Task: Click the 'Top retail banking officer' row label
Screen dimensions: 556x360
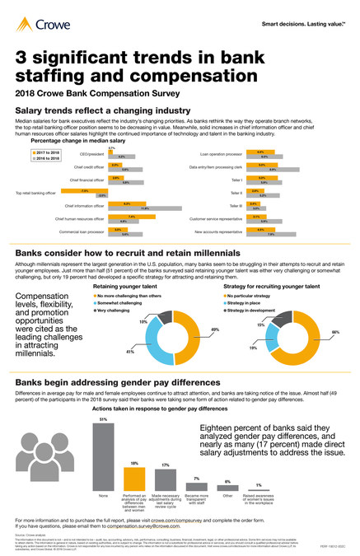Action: (x=35, y=193)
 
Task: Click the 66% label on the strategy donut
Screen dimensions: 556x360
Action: (x=335, y=331)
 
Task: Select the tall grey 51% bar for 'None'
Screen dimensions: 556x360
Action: (x=103, y=457)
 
